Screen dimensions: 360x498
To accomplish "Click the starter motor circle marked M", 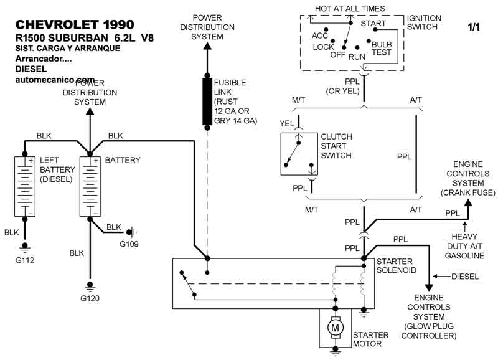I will click(x=336, y=327).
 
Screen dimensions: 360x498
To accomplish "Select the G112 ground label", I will click(x=26, y=259).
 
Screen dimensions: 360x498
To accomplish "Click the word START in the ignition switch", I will click(x=374, y=24).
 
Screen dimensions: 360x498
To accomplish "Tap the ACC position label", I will click(x=320, y=36).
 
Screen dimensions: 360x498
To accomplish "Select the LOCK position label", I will click(x=323, y=47).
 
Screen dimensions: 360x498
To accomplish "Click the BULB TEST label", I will click(x=382, y=49).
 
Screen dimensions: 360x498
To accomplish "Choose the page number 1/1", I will click(x=474, y=27).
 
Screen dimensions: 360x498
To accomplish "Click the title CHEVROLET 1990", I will click(x=74, y=24).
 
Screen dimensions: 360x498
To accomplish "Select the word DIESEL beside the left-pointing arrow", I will click(x=465, y=276).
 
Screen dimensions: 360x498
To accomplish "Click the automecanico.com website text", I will click(x=55, y=80).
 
